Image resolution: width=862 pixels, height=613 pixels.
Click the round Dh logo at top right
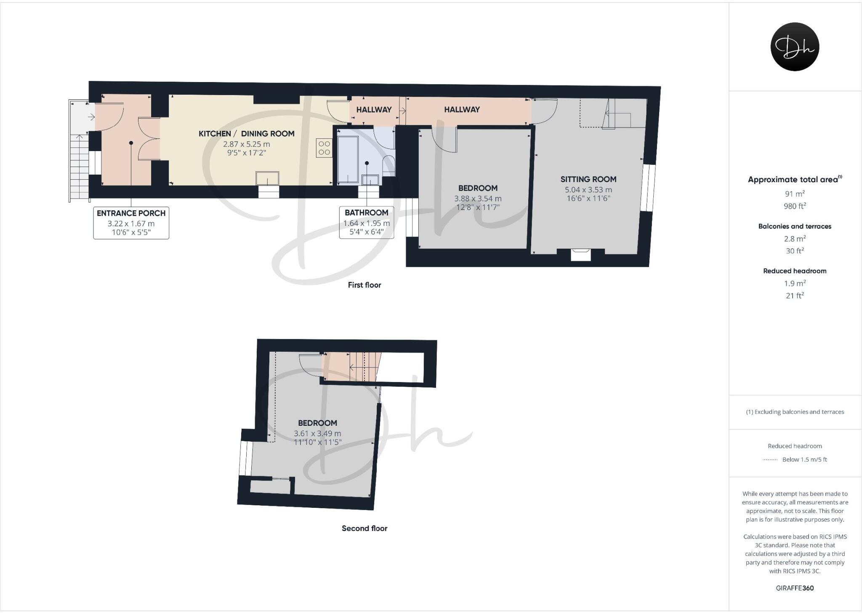tap(795, 47)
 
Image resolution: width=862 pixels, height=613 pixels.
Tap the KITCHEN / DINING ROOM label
tap(246, 134)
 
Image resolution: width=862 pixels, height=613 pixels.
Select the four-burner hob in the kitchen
tap(324, 148)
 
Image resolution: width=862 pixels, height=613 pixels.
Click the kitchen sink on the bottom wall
tap(267, 178)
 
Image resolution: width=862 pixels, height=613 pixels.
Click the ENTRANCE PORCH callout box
tap(131, 223)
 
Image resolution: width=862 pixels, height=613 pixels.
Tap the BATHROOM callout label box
tap(366, 223)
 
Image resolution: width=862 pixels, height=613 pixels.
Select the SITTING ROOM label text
tap(588, 179)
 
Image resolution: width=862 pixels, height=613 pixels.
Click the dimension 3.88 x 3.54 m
tap(478, 199)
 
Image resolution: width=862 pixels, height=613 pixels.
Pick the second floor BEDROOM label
tap(317, 423)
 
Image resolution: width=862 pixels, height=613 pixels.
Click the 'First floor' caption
tap(364, 285)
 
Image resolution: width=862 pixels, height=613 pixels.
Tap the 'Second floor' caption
tap(364, 528)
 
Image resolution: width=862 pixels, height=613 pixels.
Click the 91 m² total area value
tap(795, 194)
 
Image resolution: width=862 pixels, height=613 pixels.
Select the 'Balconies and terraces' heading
tap(795, 226)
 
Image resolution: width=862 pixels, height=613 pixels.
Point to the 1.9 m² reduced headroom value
tap(795, 284)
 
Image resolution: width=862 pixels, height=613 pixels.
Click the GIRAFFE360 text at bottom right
tap(795, 588)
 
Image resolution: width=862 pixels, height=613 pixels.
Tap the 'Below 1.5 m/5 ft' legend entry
tap(804, 459)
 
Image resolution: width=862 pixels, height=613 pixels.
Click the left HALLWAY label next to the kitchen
tap(374, 110)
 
